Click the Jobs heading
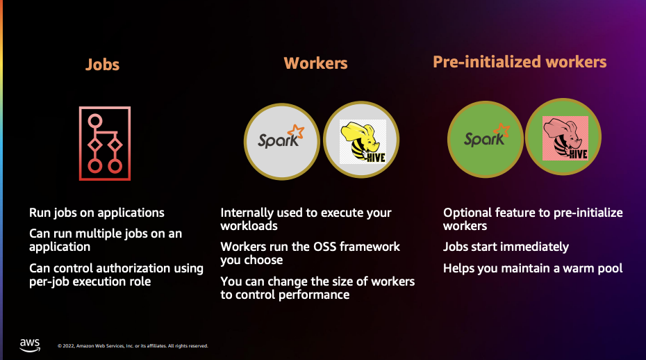[x=102, y=65]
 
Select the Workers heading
[x=315, y=63]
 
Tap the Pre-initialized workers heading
[x=520, y=62]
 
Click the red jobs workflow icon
[x=105, y=143]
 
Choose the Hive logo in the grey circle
[x=362, y=142]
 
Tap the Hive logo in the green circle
[x=565, y=138]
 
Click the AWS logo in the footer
[x=30, y=344]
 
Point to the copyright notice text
[x=133, y=345]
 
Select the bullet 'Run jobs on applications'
[x=97, y=213]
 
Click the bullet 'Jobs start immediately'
[x=506, y=247]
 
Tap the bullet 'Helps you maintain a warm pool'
[x=533, y=268]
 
